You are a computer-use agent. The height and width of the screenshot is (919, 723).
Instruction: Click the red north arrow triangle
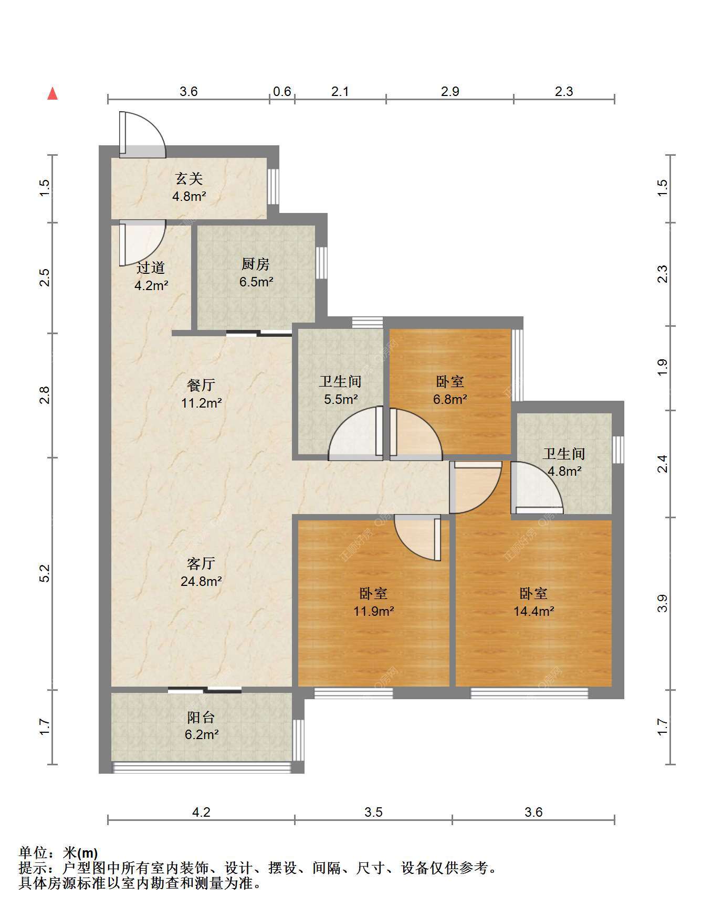pyautogui.click(x=53, y=93)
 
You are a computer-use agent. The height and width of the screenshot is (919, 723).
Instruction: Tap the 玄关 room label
pyautogui.click(x=189, y=179)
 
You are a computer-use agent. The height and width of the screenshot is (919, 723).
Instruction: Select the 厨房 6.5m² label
pyautogui.click(x=256, y=273)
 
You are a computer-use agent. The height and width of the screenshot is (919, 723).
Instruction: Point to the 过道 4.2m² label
pyautogui.click(x=151, y=276)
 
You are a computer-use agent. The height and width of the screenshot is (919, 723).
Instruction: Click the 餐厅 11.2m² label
pyautogui.click(x=201, y=394)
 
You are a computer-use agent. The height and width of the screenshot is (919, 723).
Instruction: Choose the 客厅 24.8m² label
pyautogui.click(x=201, y=572)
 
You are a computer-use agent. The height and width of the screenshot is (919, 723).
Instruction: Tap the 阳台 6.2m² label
pyautogui.click(x=201, y=725)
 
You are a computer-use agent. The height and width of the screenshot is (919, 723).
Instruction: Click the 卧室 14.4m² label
pyautogui.click(x=533, y=602)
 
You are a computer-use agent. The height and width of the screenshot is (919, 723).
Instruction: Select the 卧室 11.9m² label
pyautogui.click(x=373, y=602)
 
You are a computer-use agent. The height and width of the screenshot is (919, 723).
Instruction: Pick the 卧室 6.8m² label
pyautogui.click(x=450, y=390)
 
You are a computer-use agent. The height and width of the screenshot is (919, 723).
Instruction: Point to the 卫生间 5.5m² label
pyautogui.click(x=340, y=390)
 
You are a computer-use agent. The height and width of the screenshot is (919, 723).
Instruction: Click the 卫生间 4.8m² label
pyautogui.click(x=564, y=462)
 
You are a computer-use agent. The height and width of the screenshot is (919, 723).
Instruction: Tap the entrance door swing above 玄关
pyautogui.click(x=143, y=134)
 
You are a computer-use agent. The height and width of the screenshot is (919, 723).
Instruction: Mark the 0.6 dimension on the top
pyautogui.click(x=282, y=92)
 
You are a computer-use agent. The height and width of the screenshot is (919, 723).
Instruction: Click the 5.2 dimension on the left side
pyautogui.click(x=45, y=573)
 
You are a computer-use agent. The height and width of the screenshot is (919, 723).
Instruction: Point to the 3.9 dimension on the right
pyautogui.click(x=663, y=603)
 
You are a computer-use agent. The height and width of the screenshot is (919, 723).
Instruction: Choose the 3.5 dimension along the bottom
pyautogui.click(x=373, y=813)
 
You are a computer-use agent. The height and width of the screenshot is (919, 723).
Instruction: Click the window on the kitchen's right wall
pyautogui.click(x=321, y=262)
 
